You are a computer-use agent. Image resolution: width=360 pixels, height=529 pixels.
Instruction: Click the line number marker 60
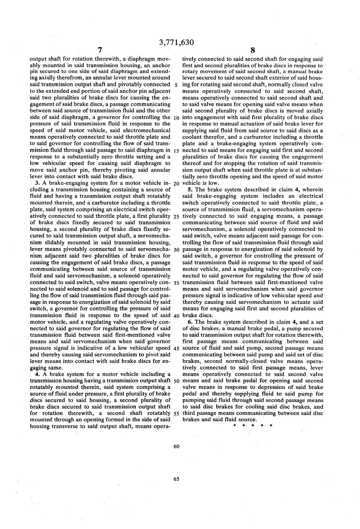pos(176,446)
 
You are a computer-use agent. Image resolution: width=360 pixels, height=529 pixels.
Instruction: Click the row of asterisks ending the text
pos(252,426)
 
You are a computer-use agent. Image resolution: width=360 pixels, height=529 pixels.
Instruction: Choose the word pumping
pos(194,400)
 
